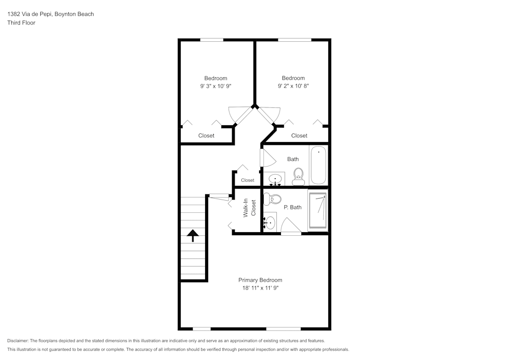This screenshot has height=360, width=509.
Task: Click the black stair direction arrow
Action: pos(193,235)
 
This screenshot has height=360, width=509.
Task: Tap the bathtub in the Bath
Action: pos(319,165)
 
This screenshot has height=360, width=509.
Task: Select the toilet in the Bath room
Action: pos(298,176)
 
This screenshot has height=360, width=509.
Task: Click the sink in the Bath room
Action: pos(275,179)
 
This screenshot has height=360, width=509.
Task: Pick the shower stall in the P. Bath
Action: pos(318,210)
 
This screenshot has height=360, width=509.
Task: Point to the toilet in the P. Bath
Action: pos(272,199)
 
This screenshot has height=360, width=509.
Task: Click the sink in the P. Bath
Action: pos(270,223)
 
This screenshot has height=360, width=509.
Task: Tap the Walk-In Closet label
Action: pos(249,208)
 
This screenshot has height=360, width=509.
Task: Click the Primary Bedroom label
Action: pos(260,280)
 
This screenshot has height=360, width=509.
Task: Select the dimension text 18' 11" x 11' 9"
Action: pos(260,288)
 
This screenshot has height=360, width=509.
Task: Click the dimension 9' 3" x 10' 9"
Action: pos(215,86)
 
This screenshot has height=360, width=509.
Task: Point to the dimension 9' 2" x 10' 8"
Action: pos(293,86)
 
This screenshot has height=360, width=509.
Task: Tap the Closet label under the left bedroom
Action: pos(206,135)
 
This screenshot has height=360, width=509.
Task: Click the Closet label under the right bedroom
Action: pos(299,135)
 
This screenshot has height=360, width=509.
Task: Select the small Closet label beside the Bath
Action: pos(247,180)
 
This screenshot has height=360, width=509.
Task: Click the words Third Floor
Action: pos(21,23)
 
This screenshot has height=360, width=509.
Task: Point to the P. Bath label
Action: pos(293,207)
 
